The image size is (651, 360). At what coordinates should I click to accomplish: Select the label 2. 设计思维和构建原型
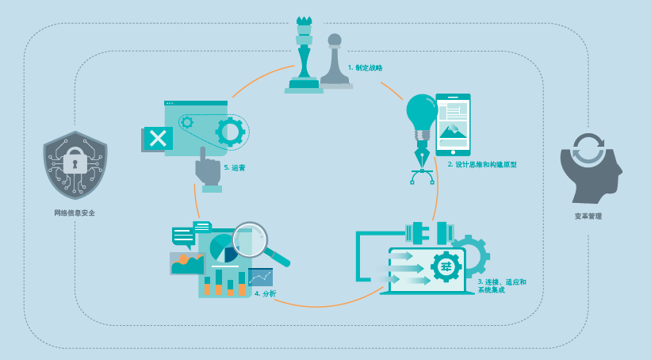click(x=482, y=165)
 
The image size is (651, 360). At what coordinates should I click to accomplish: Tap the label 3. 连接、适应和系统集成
click(x=501, y=285)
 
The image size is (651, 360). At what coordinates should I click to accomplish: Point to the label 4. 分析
click(x=266, y=293)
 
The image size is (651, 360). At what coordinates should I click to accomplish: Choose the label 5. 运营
click(x=235, y=168)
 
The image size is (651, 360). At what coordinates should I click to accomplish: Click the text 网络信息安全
click(x=75, y=213)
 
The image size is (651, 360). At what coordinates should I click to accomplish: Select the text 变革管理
click(x=588, y=216)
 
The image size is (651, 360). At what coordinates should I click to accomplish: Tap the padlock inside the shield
click(x=75, y=161)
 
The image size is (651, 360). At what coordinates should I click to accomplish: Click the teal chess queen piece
click(x=304, y=56)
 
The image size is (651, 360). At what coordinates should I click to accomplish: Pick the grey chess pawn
click(x=335, y=62)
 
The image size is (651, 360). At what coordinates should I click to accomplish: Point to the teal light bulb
click(x=421, y=111)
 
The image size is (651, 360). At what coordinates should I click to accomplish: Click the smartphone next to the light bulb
click(x=453, y=124)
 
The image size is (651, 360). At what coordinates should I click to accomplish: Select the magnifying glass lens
click(x=249, y=239)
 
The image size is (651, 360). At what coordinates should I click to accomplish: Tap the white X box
click(x=158, y=138)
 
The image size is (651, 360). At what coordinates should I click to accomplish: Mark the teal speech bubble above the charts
click(x=183, y=236)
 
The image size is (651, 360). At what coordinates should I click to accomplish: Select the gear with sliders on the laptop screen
click(x=446, y=266)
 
